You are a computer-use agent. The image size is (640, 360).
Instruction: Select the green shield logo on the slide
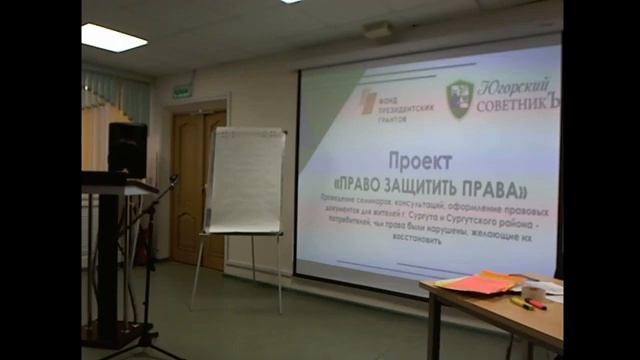pyautogui.click(x=459, y=99)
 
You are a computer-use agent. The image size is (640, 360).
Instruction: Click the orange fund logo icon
pyautogui.click(x=368, y=101)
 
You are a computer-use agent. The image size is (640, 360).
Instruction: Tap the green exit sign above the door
pyautogui.click(x=182, y=91)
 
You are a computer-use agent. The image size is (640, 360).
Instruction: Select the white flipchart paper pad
pyautogui.click(x=244, y=180)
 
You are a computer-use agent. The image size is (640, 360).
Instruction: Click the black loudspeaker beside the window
pyautogui.click(x=127, y=150)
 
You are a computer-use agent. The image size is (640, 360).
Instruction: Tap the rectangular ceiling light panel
pyautogui.click(x=113, y=38)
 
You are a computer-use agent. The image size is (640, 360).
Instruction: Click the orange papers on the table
pyautogui.click(x=480, y=283)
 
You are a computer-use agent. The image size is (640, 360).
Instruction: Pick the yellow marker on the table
pyautogui.click(x=521, y=303)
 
